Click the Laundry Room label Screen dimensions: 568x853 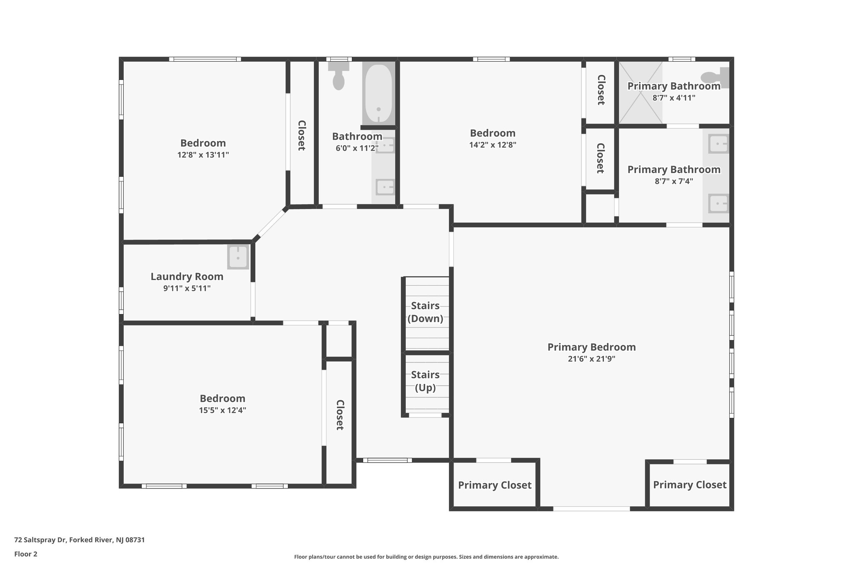(187, 277)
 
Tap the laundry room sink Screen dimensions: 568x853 (238, 257)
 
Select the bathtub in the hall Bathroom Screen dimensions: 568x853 (378, 93)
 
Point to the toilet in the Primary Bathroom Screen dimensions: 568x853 (715, 78)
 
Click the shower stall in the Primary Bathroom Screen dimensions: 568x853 (640, 93)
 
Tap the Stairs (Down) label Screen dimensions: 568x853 (425, 312)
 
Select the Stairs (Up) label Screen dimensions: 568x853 (425, 381)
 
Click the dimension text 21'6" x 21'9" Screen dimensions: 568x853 (591, 359)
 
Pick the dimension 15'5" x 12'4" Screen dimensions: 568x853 (222, 410)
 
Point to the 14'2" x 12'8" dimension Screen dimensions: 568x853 (492, 145)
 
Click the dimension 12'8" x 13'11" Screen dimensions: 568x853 (203, 155)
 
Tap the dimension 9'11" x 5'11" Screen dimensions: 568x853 (187, 288)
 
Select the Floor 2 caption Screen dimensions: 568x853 (26, 554)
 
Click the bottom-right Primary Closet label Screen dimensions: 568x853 (689, 485)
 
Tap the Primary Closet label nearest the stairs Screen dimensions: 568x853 (494, 485)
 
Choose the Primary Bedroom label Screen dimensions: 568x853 (591, 347)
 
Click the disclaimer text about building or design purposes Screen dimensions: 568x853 (426, 557)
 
